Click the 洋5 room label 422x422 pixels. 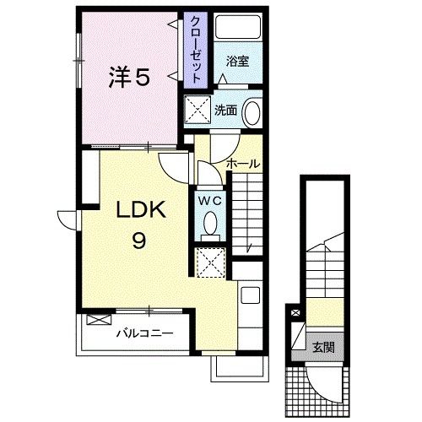coord(130,77)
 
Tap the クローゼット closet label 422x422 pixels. coord(196,50)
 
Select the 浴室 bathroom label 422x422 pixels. coord(238,62)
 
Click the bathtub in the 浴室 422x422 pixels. coord(238,27)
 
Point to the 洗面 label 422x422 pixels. coord(225,111)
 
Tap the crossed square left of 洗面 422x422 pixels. coord(197,110)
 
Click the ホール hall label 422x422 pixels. coord(243,164)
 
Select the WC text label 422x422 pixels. coord(210,201)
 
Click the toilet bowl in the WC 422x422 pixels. coord(210,224)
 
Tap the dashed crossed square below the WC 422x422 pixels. coord(210,262)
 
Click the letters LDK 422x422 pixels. coord(141,209)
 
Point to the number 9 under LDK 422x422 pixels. coord(139,241)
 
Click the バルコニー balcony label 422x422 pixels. coord(145,333)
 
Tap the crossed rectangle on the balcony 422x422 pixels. coord(99,320)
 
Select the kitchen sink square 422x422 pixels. coord(251,295)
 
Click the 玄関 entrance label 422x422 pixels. coord(324,348)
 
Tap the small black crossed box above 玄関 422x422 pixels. coord(295,312)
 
